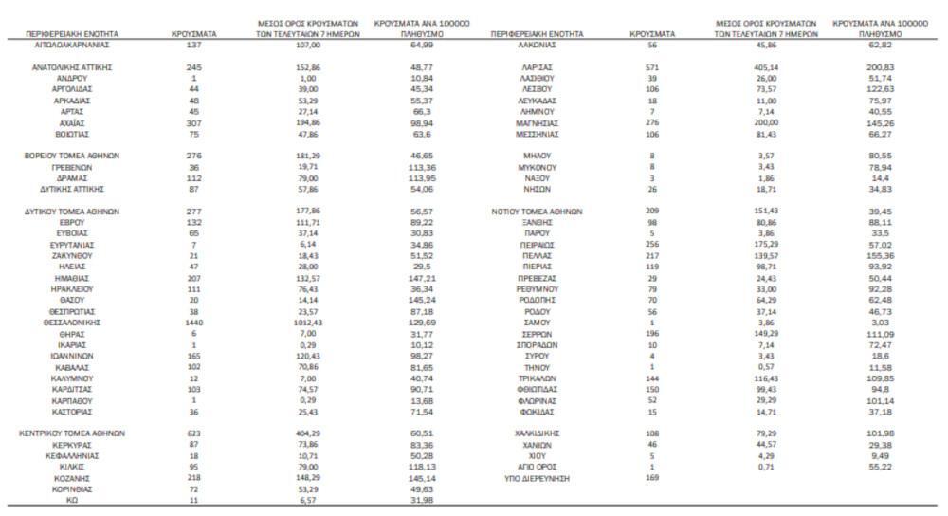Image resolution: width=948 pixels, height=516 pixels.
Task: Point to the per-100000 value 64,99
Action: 422,45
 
